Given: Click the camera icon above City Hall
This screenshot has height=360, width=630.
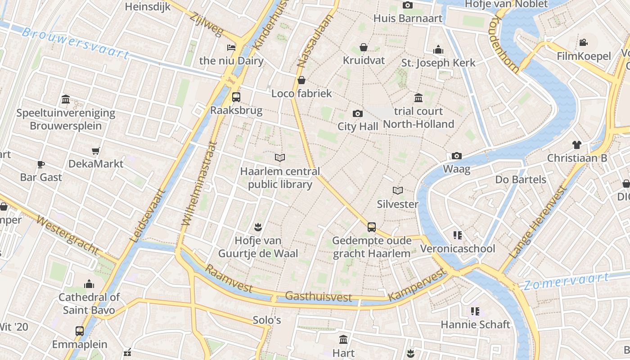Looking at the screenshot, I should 358,113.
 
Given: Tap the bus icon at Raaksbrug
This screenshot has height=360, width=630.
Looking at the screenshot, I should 236,97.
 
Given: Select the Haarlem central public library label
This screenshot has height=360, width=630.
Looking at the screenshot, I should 280,178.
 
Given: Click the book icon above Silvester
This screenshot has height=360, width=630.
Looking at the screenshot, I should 398,190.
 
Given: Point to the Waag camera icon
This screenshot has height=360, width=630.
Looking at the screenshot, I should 457,156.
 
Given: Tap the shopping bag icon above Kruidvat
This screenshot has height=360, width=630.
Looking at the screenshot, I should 364,47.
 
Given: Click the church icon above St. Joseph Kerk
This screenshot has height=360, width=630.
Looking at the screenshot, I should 438,49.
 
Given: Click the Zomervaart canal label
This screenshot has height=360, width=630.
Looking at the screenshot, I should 566,281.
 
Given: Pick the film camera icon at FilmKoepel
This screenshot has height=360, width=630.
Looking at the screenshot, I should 583,43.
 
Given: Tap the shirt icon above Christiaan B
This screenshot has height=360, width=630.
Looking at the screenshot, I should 577,144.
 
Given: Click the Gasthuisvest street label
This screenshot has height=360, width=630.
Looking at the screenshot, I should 319,296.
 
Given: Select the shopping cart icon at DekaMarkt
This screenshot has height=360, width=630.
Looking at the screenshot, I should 95,151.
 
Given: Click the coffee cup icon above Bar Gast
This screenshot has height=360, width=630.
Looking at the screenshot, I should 41,164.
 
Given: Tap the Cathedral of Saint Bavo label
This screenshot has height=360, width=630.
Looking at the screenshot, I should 89,304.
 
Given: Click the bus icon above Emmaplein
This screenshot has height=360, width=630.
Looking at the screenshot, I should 80,331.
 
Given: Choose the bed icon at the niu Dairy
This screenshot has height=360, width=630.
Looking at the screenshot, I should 231,47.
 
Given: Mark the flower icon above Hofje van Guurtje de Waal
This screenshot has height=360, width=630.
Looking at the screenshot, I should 258,226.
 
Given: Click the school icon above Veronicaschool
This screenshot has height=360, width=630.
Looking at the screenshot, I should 458,235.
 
